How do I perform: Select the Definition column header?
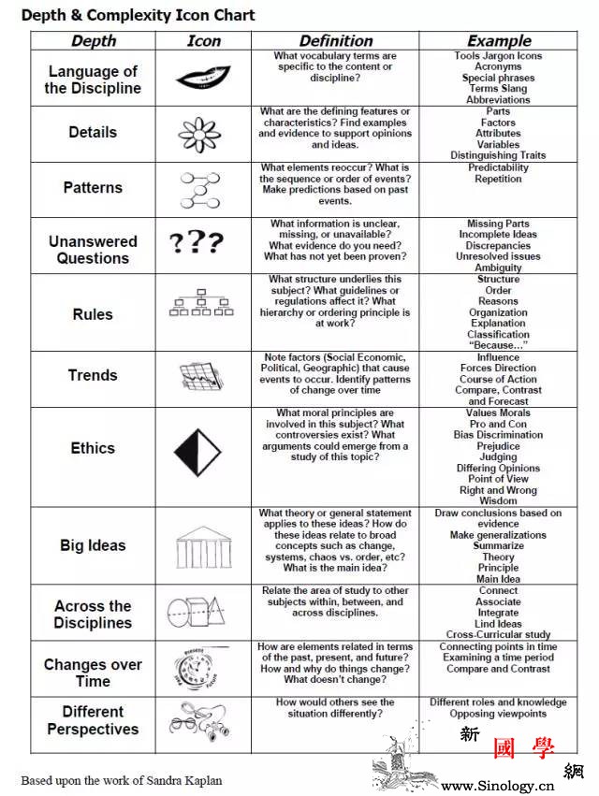coord(335,40)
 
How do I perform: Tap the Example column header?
coord(498,40)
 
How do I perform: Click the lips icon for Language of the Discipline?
coord(203,77)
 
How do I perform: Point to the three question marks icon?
coord(197,244)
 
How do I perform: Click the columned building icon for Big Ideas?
coord(203,546)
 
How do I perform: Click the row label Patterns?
coord(93,187)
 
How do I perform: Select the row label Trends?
coord(93,375)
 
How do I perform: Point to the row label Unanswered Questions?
coord(93,250)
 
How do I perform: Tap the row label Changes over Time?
coord(93,673)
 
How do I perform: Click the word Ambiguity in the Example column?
coord(498,268)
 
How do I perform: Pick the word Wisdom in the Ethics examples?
coord(498,500)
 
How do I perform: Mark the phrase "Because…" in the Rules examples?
coord(498,345)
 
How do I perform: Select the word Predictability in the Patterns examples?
coord(498,167)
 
